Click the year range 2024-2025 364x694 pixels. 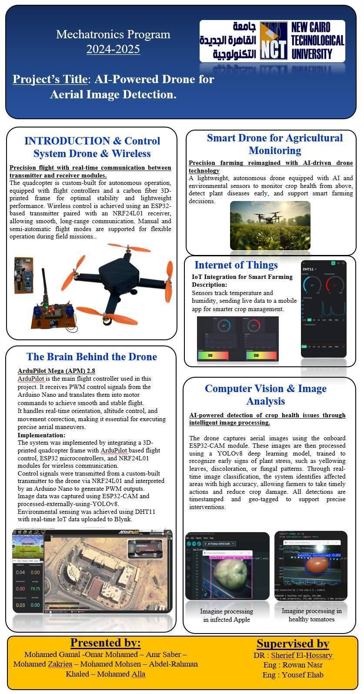(x=113, y=49)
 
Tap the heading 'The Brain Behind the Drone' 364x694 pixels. (x=91, y=357)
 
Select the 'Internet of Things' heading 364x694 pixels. (x=236, y=265)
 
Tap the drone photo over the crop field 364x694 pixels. (x=270, y=225)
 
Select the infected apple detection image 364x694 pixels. (x=227, y=566)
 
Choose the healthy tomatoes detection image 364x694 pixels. (x=311, y=565)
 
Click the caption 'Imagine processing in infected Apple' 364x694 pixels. (x=227, y=615)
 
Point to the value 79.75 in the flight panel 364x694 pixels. (x=35, y=588)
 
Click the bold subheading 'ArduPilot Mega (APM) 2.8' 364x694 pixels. (x=56, y=371)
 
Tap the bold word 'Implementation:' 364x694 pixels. (x=41, y=435)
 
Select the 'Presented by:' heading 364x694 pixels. (x=105, y=643)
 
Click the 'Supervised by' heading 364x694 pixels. (x=293, y=644)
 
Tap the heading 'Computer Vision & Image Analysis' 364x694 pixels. (x=265, y=395)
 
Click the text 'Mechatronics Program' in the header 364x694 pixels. (x=113, y=34)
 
